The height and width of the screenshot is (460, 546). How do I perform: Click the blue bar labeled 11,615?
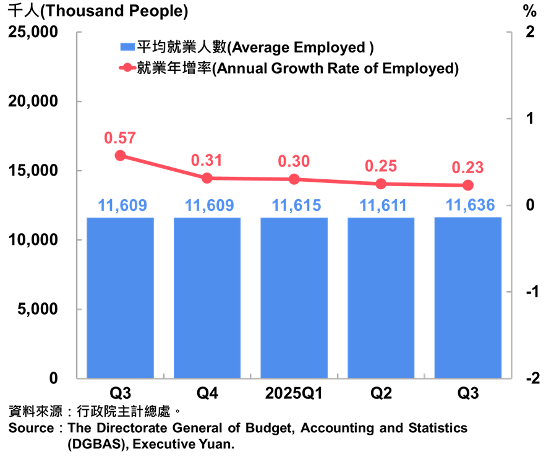pos(294,297)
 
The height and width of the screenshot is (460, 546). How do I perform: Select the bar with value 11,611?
pos(381,297)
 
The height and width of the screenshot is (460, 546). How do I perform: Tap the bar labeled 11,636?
pos(467,297)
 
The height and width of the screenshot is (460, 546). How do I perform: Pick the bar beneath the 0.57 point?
pos(120,297)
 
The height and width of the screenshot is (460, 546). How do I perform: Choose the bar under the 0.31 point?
pos(207,297)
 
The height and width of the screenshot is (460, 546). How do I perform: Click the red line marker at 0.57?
pos(120,155)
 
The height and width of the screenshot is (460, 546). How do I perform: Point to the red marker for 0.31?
pos(207,178)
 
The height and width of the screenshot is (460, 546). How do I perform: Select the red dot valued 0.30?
pos(294,179)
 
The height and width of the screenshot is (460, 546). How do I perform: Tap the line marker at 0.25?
pos(381,184)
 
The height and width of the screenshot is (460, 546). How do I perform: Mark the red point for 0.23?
pos(467,185)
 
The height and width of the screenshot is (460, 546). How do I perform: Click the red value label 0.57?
pos(120,138)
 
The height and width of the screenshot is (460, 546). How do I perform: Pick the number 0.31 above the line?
pos(207,161)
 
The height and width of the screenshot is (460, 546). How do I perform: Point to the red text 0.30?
pos(294,162)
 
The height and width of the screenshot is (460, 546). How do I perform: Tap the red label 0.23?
pos(467,168)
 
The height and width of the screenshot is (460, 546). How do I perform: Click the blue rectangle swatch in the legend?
pos(127,47)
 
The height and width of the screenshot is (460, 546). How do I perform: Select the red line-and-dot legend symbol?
pos(127,67)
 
